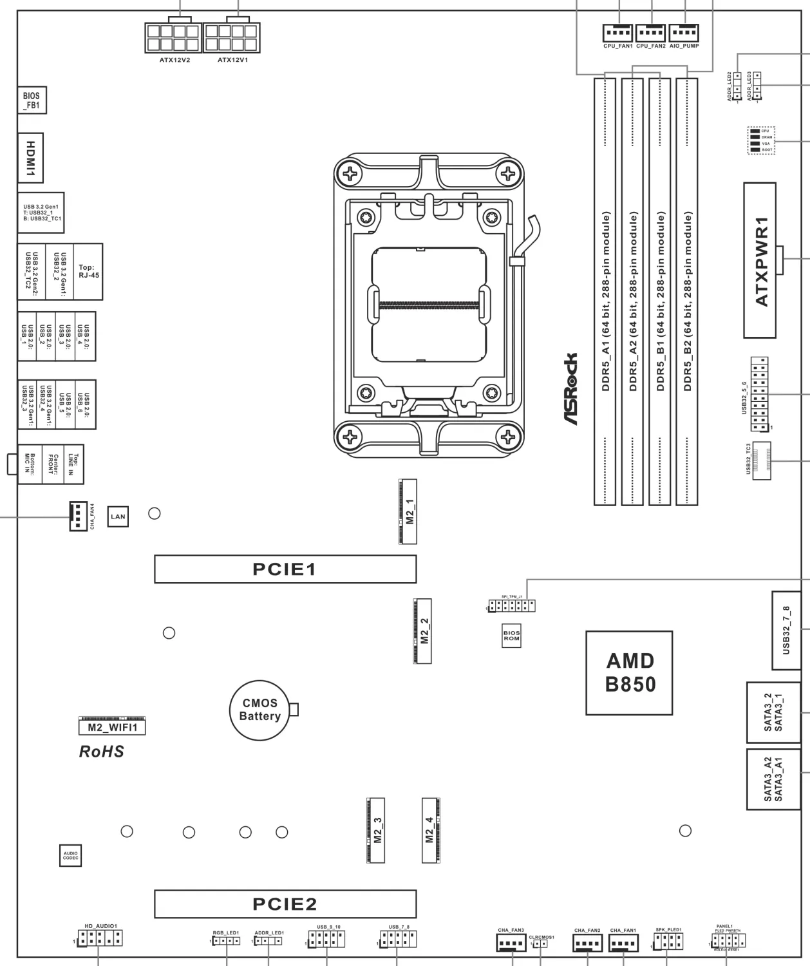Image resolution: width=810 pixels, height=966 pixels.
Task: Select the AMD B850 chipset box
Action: point(629,672)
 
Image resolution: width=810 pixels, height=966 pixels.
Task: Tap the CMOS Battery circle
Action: point(260,710)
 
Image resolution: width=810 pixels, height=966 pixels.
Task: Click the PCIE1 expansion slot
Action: point(285,569)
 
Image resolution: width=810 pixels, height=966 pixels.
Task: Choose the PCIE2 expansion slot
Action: point(285,904)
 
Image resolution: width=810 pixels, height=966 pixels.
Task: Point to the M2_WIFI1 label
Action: point(112,727)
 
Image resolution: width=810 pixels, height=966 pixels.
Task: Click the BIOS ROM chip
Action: point(511,635)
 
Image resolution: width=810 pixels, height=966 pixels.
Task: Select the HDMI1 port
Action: point(30,156)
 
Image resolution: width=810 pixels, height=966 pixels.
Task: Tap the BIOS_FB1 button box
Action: point(32,100)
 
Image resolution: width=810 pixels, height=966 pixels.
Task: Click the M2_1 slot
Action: point(408,511)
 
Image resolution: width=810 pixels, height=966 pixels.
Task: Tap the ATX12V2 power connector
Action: point(172,38)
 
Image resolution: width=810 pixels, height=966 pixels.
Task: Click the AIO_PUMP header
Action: point(684,33)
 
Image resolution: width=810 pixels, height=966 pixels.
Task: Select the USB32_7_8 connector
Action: point(786,630)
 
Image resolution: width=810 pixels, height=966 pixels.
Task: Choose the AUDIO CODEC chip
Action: point(71,856)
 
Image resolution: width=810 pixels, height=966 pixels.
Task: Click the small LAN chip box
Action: point(117,516)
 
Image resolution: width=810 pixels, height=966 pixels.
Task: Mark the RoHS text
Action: point(101,751)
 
